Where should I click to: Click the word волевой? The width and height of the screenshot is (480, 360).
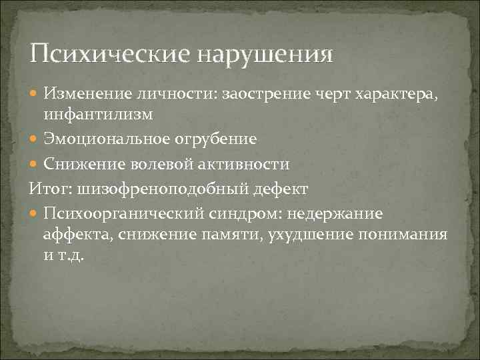coord(165,164)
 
